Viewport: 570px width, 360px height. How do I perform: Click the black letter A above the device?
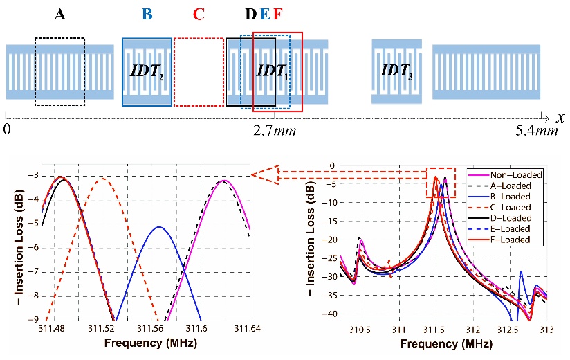click(x=60, y=14)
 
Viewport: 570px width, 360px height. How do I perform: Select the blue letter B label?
click(x=146, y=14)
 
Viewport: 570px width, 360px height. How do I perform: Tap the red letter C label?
click(x=199, y=14)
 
